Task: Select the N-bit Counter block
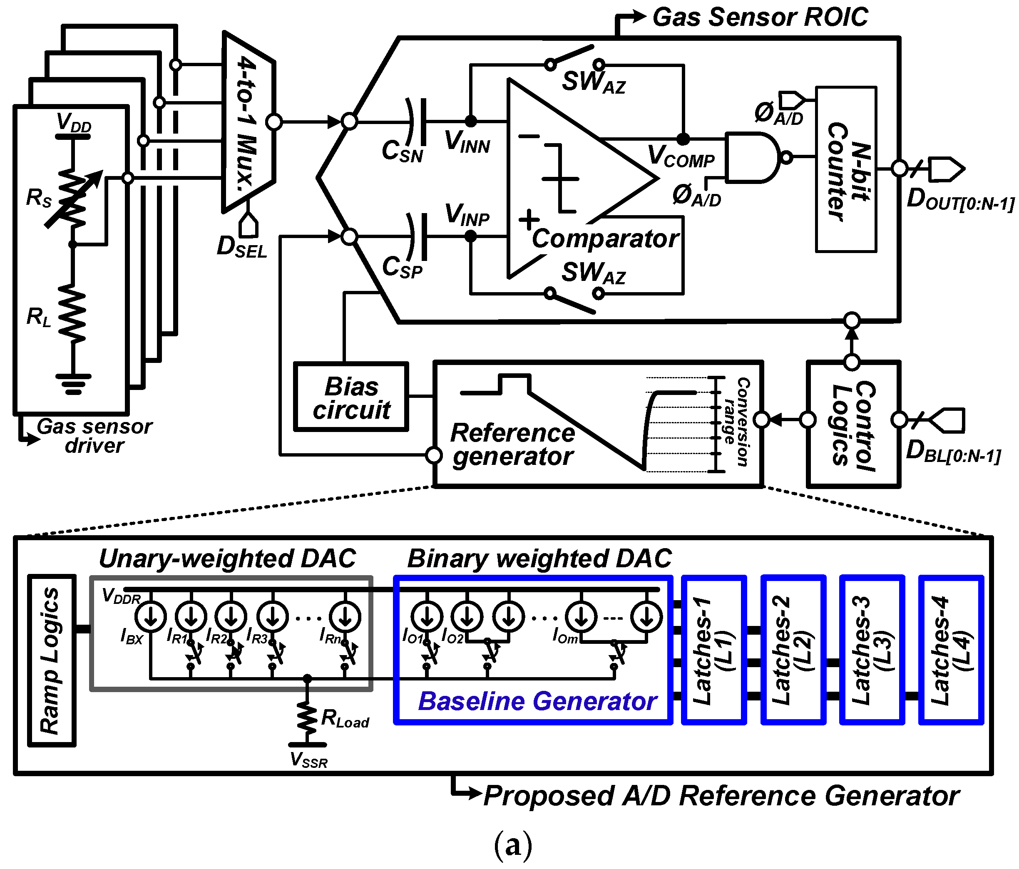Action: tap(845, 170)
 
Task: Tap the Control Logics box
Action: tap(853, 425)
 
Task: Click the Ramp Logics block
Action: tap(52, 660)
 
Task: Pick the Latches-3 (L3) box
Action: tap(872, 650)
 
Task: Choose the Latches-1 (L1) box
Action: tap(713, 650)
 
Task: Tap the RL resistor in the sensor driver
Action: tap(73, 313)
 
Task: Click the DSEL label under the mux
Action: tap(241, 247)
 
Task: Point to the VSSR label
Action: tap(308, 760)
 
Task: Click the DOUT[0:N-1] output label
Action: tap(959, 200)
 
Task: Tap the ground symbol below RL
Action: tap(73, 384)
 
